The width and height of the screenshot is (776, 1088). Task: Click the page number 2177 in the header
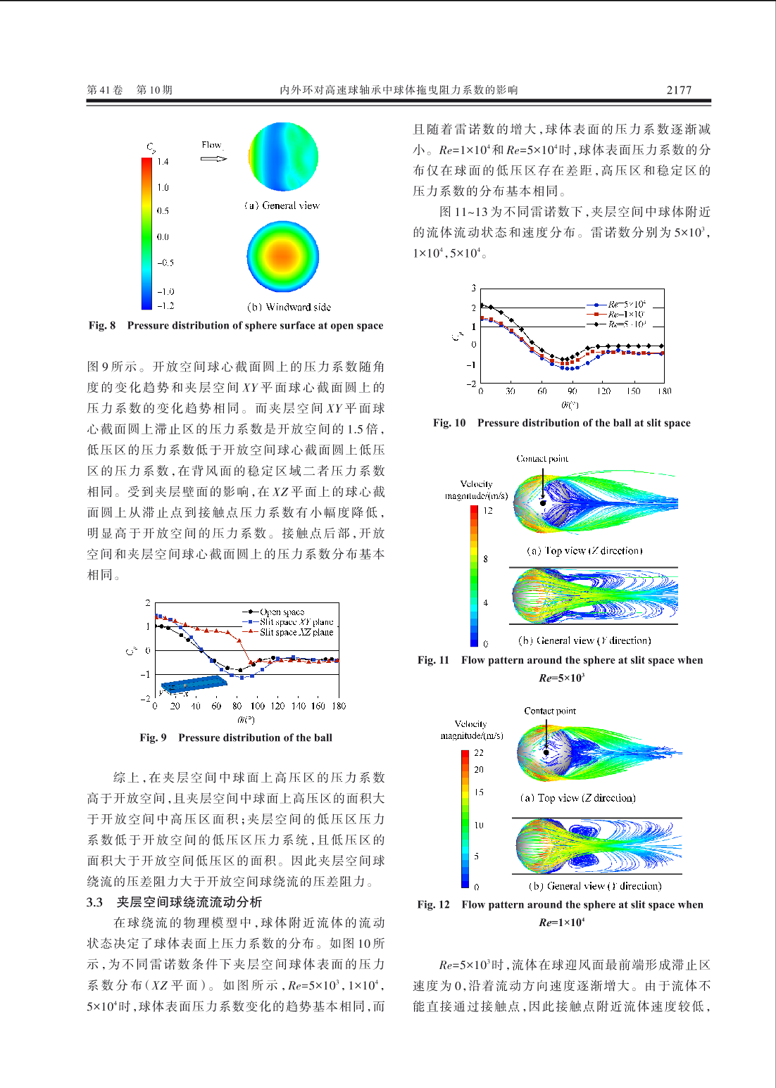point(679,90)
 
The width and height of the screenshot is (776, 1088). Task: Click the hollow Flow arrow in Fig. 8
point(213,158)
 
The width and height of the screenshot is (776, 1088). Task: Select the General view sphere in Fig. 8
point(283,157)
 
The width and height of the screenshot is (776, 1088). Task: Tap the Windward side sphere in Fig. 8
point(283,256)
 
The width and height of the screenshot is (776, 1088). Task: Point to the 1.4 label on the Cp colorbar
point(163,162)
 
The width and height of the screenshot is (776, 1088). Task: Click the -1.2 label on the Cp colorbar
point(165,306)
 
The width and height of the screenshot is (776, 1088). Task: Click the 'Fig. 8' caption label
point(102,325)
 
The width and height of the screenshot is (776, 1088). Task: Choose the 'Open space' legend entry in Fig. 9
point(282,612)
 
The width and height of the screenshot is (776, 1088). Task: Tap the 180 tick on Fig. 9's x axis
point(339,706)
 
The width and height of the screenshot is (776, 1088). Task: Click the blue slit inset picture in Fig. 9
point(192,684)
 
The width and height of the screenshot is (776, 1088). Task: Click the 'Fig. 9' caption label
point(153,738)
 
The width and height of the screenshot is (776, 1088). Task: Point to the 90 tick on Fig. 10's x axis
point(572,391)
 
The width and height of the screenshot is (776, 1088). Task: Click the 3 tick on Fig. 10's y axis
point(474,289)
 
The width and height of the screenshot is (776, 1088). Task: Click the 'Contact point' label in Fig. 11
point(542,459)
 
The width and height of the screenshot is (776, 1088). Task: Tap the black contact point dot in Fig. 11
point(543,502)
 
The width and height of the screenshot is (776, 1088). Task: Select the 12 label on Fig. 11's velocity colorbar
point(488,510)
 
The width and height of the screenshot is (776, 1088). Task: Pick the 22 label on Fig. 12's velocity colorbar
point(479,753)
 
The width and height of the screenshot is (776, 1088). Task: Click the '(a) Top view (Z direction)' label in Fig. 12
point(578,798)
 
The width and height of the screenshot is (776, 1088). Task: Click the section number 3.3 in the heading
point(94,902)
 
